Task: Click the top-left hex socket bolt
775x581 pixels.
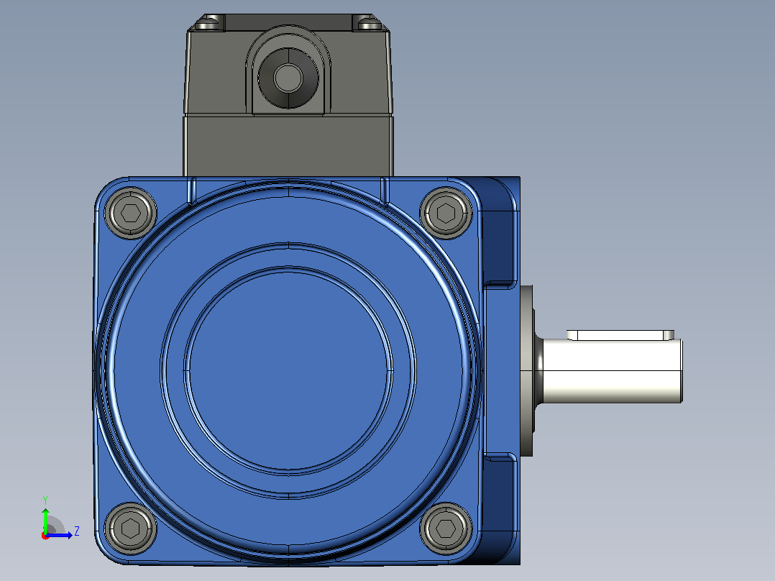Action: point(131,213)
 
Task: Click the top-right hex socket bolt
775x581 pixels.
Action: point(446,213)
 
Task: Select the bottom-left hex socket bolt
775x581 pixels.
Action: point(131,528)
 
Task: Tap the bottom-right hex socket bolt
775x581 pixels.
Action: point(446,528)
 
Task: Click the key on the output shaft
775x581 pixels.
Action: point(620,335)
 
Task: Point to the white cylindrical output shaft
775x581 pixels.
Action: point(612,371)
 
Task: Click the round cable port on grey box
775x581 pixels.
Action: point(288,78)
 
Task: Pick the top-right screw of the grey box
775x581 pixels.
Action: point(369,23)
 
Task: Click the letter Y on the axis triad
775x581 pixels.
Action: point(45,500)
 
